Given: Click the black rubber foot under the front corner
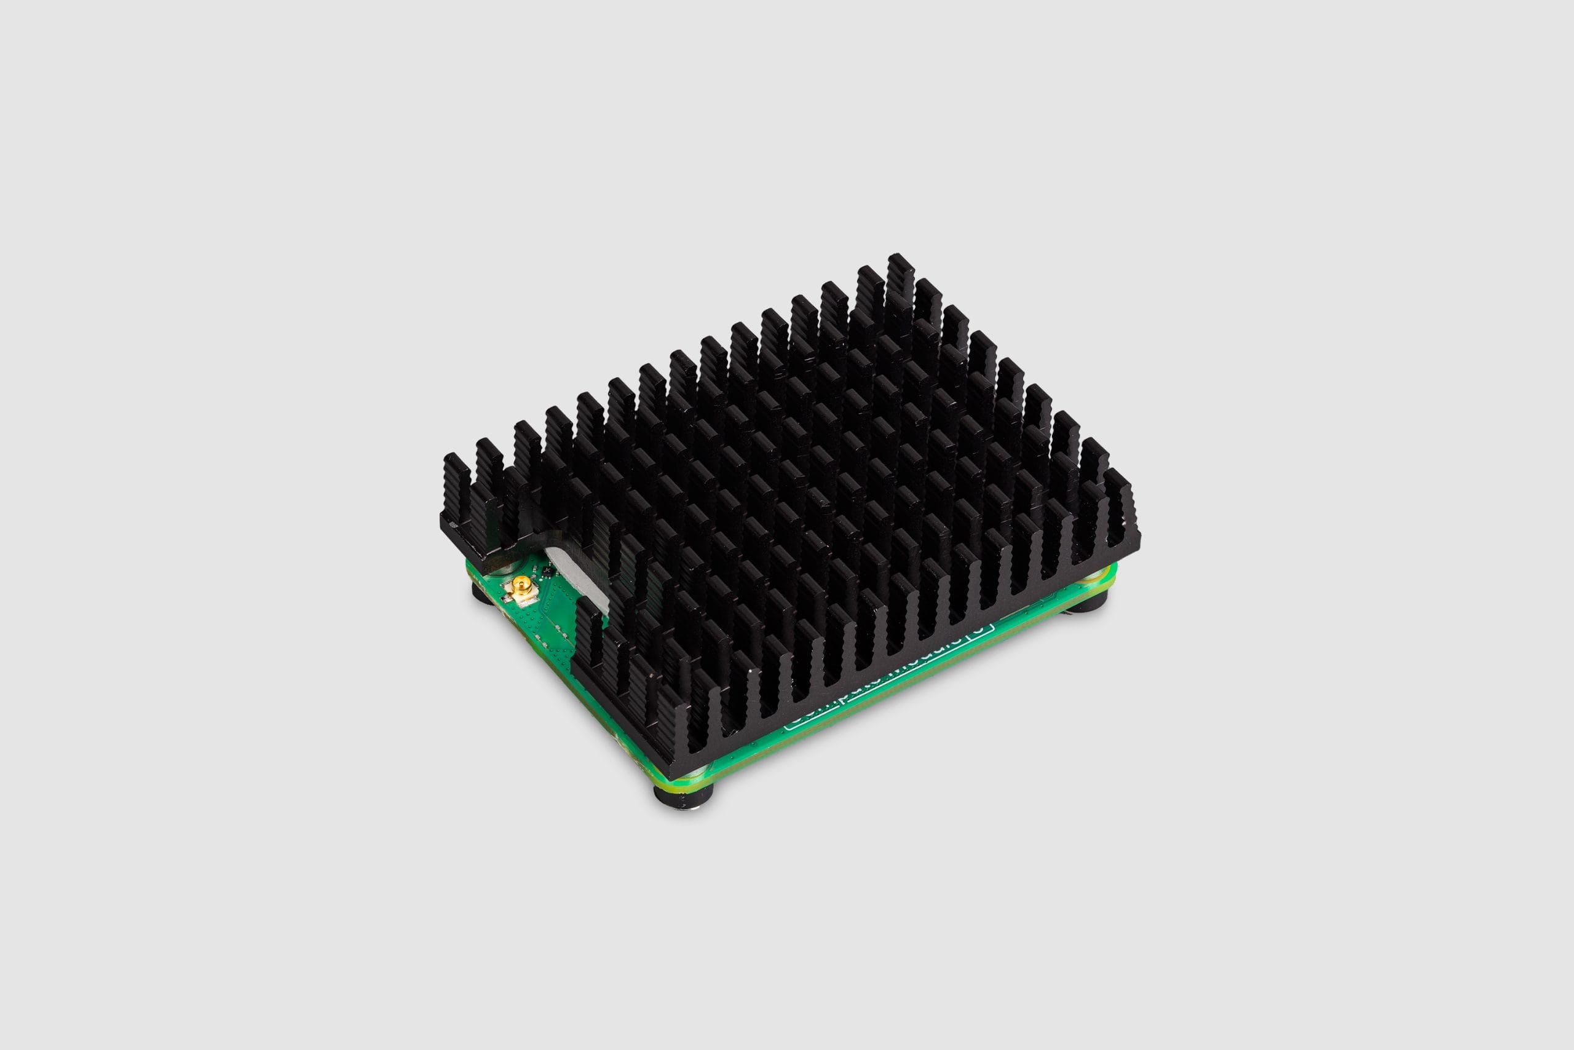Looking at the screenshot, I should click(682, 797).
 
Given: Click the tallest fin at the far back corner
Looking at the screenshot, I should click(900, 268).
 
